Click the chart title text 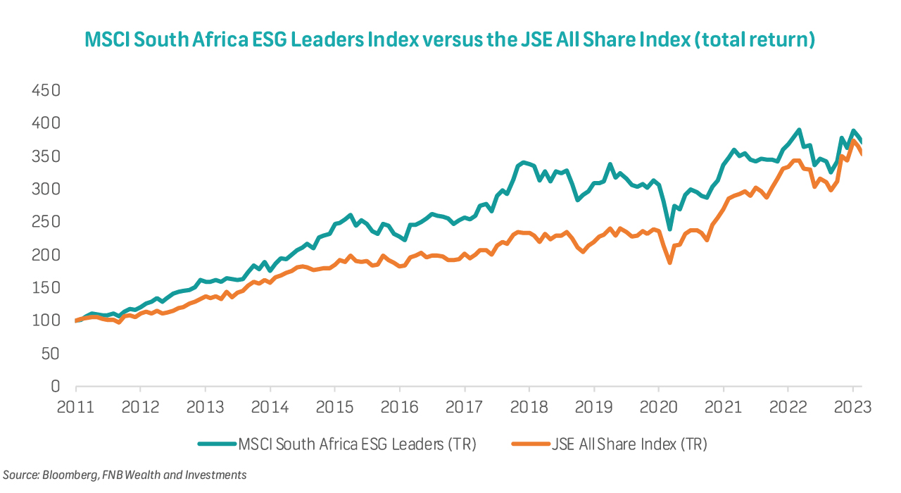(x=450, y=40)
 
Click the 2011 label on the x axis (x=75, y=408)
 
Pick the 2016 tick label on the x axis (x=399, y=408)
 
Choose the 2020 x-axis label (x=658, y=408)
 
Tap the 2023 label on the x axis (x=852, y=408)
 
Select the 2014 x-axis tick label (x=270, y=408)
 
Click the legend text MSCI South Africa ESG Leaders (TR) (x=358, y=444)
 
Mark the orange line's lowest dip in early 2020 (x=669, y=263)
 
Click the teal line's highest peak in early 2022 (x=799, y=130)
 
